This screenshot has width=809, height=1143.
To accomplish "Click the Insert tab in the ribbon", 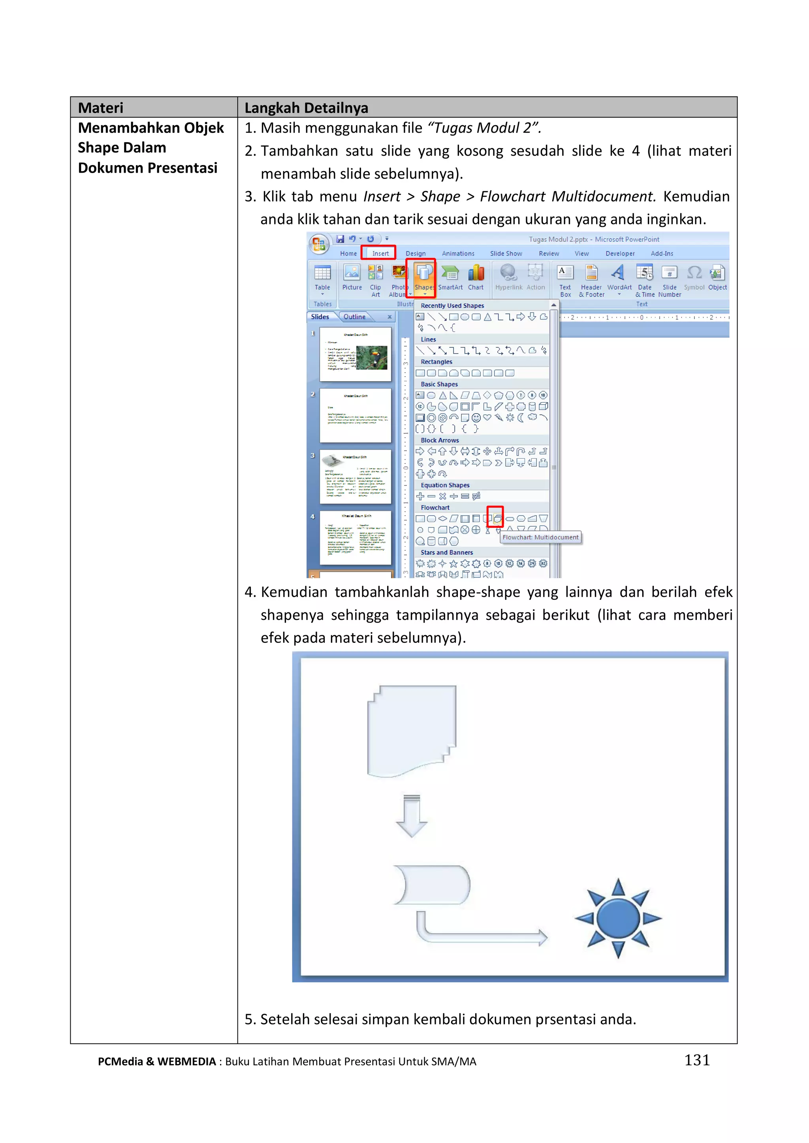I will pos(380,253).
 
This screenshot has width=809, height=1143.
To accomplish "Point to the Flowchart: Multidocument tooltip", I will pos(540,537).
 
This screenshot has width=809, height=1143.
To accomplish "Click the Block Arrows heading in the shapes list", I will pos(439,440).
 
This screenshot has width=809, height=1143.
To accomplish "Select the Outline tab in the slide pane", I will pos(354,317).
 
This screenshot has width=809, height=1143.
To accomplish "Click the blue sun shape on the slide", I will pos(618,918).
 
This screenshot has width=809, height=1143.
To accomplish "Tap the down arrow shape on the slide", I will pos(412,815).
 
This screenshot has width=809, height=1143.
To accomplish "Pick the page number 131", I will pos(696,1060).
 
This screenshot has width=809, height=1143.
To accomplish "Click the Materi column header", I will pos(101,107).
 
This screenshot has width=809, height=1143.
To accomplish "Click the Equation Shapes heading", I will pos(445,485).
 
